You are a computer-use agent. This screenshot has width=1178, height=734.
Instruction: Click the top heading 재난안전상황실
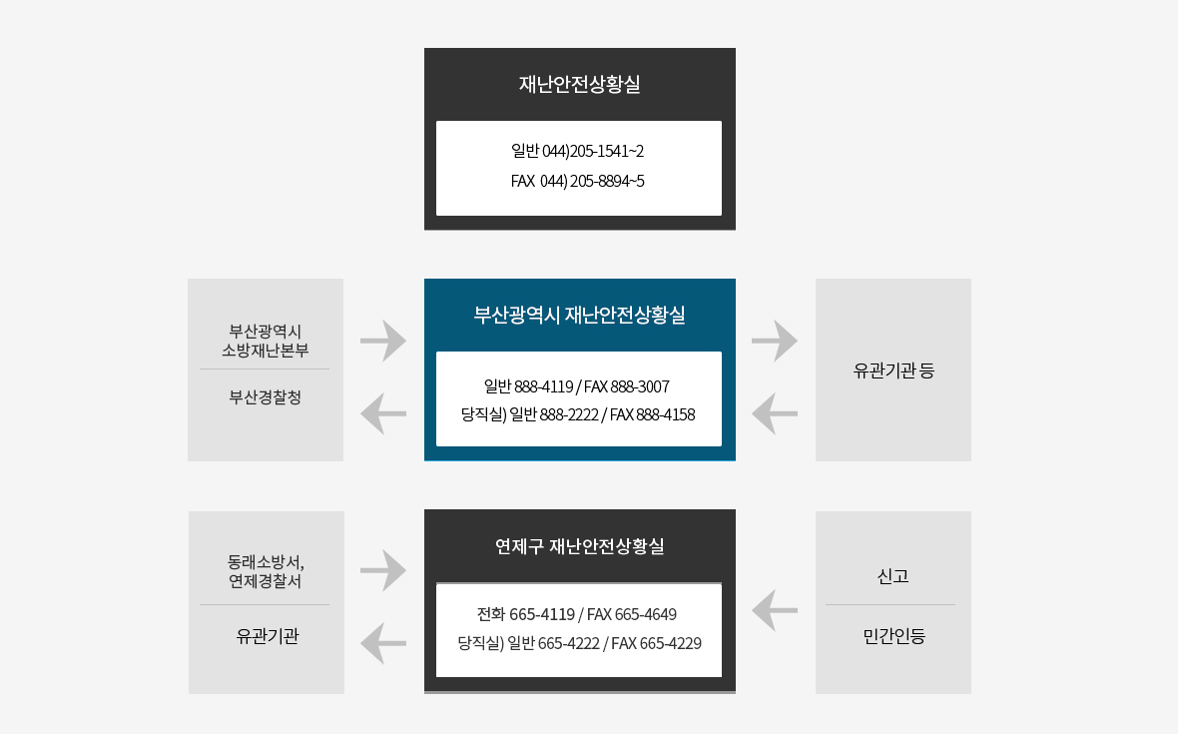(579, 84)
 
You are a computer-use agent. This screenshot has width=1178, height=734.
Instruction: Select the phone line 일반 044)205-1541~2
(578, 151)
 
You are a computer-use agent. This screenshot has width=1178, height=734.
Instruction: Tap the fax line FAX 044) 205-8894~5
(578, 181)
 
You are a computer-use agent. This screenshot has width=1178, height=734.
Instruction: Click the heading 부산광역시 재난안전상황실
(579, 316)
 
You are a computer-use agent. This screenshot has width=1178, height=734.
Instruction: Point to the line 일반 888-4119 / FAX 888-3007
(577, 385)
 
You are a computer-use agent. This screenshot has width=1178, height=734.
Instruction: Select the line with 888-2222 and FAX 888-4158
(578, 413)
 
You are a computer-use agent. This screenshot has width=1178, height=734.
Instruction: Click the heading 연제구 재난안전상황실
(579, 546)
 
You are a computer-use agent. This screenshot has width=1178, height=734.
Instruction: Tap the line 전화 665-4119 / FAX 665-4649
(577, 613)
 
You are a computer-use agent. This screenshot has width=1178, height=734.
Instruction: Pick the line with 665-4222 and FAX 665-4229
(579, 643)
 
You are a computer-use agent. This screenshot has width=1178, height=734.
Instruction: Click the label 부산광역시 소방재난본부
(266, 340)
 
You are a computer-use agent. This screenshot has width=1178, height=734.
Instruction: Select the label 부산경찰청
(266, 396)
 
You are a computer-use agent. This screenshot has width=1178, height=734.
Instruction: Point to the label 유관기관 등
(893, 370)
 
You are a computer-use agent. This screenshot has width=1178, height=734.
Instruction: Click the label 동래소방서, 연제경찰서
(266, 570)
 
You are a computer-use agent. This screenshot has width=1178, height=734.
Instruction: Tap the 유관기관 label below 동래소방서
(267, 635)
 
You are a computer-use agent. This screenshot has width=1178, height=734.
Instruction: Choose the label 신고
(892, 576)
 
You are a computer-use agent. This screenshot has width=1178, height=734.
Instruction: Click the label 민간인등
(893, 635)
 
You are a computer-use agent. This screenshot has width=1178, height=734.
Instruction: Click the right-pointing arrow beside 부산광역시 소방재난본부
(383, 341)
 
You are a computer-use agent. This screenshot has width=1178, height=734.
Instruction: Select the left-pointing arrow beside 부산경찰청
(383, 413)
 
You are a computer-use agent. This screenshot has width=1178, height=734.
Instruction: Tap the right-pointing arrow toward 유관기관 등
(775, 341)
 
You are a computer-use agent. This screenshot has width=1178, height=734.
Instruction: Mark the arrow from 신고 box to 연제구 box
(775, 610)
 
